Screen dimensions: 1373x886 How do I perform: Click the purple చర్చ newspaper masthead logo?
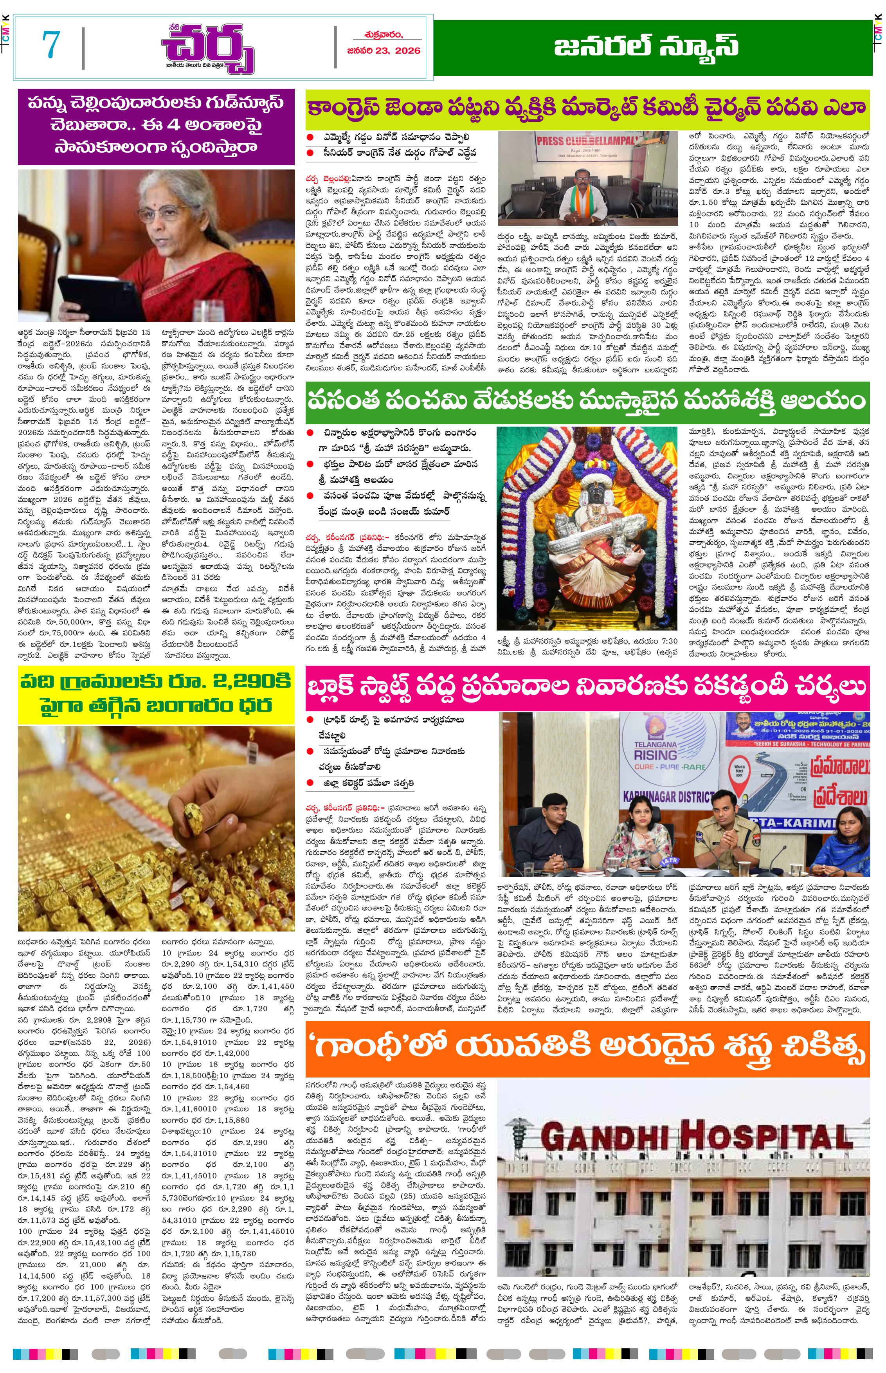click(208, 49)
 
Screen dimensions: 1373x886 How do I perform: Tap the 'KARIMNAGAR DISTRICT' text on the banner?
click(667, 797)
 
